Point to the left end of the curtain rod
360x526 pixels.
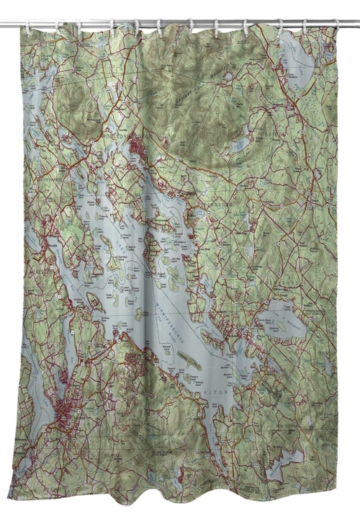(3, 24)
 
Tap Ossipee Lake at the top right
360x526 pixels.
(297, 61)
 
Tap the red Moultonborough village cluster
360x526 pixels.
(137, 148)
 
